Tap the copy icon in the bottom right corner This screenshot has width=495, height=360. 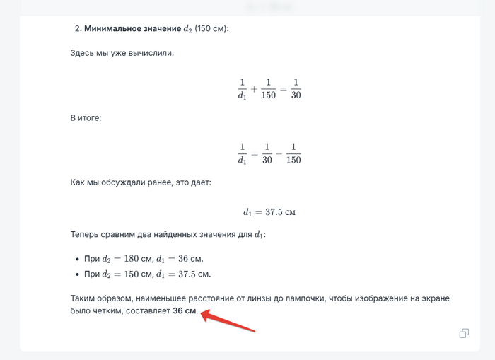tap(464, 333)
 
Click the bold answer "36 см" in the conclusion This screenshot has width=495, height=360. tap(185, 310)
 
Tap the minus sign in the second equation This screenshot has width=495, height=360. tap(280, 153)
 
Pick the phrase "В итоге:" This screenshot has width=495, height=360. tap(86, 117)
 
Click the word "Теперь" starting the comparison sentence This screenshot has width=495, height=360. tap(86, 234)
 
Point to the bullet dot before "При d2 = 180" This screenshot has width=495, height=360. tap(76, 258)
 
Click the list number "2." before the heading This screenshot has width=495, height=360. tap(78, 29)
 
